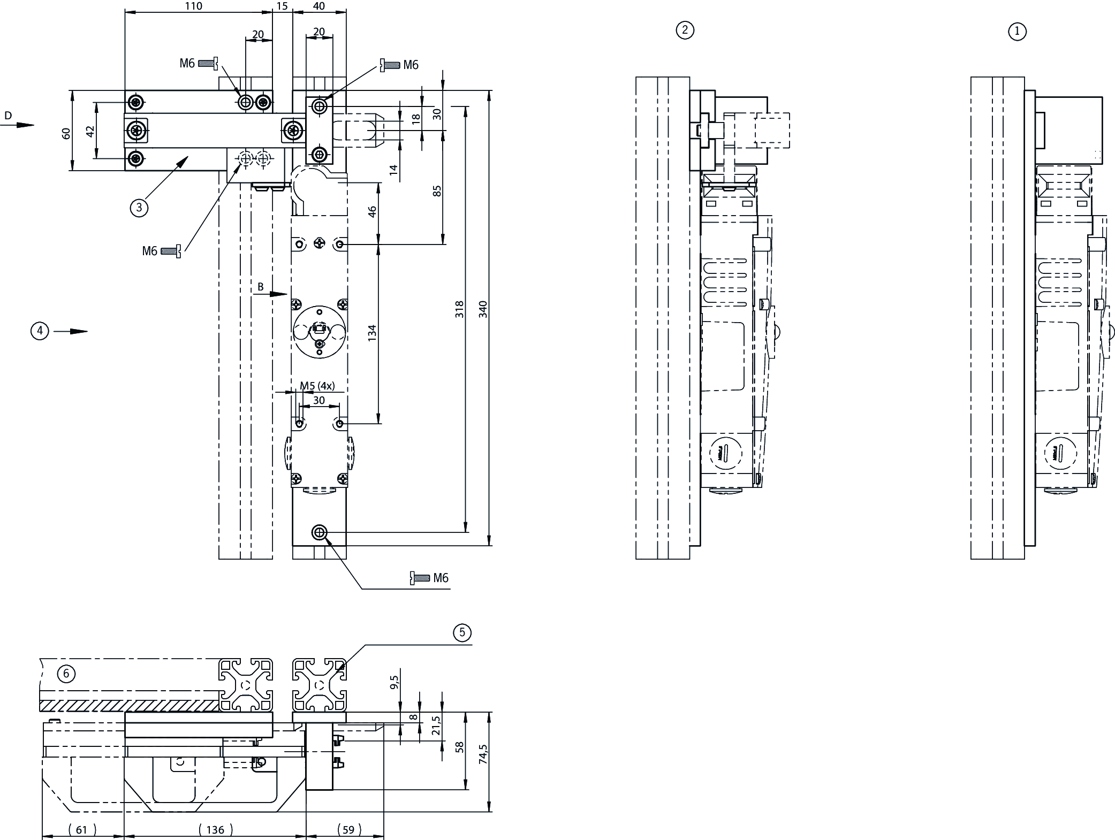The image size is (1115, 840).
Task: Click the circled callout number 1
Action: [1017, 32]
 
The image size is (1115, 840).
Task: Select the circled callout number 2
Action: [685, 30]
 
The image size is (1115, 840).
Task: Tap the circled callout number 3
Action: [139, 207]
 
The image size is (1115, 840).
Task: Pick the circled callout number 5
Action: [462, 633]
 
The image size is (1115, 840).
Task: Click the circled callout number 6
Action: [66, 674]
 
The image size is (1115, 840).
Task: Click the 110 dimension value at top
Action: [193, 6]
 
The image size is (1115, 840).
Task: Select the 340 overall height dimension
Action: [483, 309]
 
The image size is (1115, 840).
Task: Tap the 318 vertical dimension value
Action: [459, 309]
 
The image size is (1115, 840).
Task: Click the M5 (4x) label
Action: [317, 386]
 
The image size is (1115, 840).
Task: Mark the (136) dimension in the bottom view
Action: [215, 829]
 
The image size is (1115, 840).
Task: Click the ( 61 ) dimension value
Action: [81, 829]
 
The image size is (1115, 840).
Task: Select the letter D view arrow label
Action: [7, 116]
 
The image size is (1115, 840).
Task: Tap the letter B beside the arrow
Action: [261, 287]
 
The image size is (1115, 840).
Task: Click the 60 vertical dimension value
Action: [66, 133]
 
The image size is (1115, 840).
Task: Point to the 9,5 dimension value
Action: [395, 682]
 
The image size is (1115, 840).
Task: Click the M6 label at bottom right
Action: [441, 578]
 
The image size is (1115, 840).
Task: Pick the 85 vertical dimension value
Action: [437, 190]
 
